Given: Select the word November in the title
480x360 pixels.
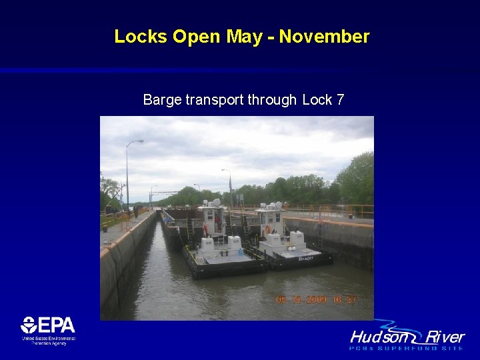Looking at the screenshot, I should (324, 37).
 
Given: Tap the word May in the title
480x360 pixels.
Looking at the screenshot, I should (244, 37).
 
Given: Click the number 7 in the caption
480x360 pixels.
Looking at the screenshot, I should (340, 100).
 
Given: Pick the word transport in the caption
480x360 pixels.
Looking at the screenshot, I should (215, 100).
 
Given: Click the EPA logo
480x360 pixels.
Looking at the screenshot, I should (48, 326).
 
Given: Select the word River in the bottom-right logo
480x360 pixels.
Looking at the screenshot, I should (446, 337).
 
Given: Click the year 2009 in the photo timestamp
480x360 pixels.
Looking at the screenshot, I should (313, 300).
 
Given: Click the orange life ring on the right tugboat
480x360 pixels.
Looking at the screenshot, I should (268, 229).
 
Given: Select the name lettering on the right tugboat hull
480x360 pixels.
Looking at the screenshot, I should (306, 257).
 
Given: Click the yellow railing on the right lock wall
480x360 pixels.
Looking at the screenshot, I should (333, 211).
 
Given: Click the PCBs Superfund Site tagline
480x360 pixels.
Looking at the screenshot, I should (407, 348).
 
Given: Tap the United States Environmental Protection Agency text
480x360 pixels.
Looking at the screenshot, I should (48, 341).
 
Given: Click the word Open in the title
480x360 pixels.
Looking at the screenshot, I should (198, 37).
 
